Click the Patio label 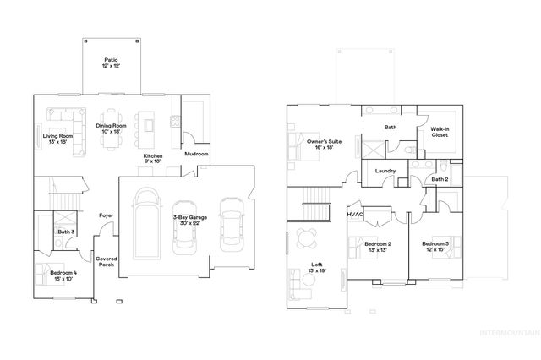click(x=111, y=63)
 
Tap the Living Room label click(x=58, y=138)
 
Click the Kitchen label click(x=153, y=159)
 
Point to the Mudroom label click(x=196, y=155)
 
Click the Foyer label click(x=106, y=215)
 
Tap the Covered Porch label click(x=107, y=263)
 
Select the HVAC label click(x=355, y=215)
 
